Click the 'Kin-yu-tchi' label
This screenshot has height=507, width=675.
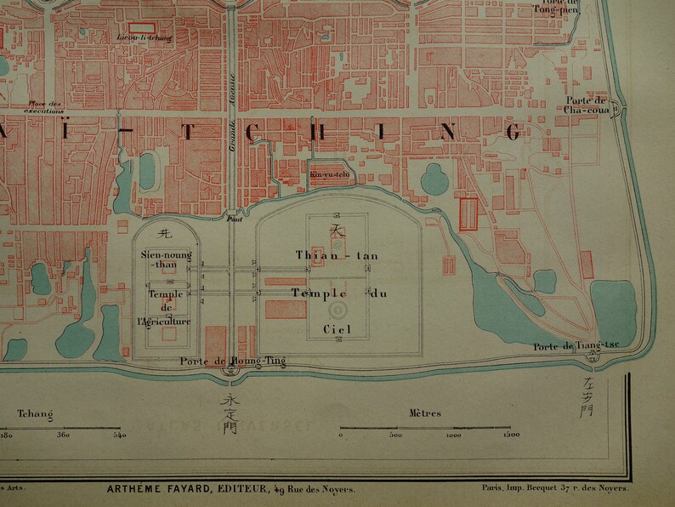(x=330, y=176)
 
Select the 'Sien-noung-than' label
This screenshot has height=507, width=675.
(x=166, y=259)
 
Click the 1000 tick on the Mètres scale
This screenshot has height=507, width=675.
(x=453, y=436)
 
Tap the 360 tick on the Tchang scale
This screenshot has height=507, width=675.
(x=63, y=436)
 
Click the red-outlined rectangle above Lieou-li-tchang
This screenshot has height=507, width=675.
(x=142, y=28)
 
